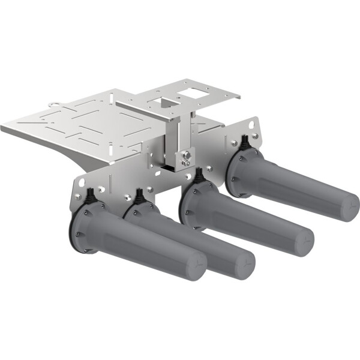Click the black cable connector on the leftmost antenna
[x=91, y=197]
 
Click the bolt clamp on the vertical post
[x=185, y=158]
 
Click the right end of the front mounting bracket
[x=255, y=129]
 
